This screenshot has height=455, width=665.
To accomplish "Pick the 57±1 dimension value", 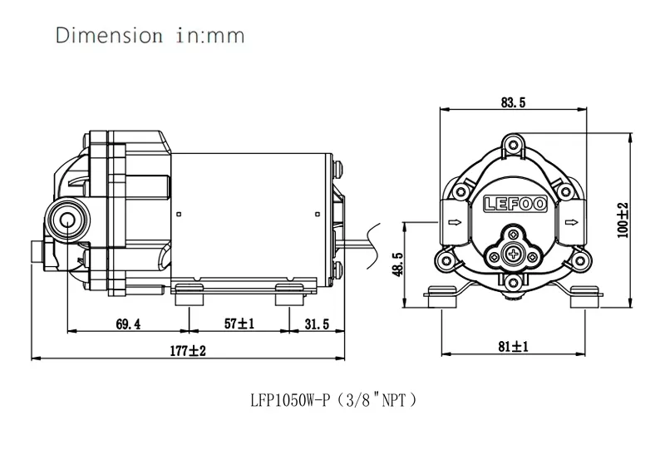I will tap(239, 324).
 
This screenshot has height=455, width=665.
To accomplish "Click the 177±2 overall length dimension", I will tap(187, 352).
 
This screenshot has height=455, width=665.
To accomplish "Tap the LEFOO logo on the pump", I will tap(514, 202).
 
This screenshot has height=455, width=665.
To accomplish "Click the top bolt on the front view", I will tap(514, 147).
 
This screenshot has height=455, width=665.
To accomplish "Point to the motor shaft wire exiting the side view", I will tap(358, 243).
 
